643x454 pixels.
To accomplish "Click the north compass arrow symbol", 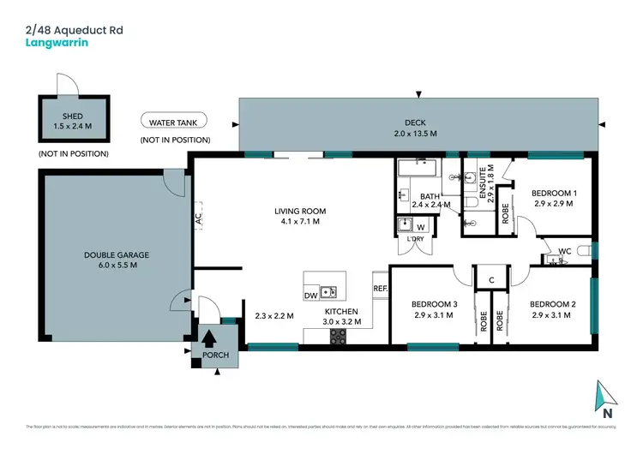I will point(607,395).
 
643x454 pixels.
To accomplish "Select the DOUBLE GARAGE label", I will point(110,254).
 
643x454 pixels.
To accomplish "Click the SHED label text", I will point(73,116).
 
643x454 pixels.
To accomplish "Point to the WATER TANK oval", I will point(175,122).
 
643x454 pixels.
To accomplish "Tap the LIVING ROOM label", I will point(300,211).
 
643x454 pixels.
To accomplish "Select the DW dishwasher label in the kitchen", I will point(311,296).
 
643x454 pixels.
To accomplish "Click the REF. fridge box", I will point(381,289).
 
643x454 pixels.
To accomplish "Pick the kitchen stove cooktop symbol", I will point(338,337).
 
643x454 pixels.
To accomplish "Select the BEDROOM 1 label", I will point(553,194).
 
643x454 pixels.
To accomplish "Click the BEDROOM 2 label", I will point(552,304).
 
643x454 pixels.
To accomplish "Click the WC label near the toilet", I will point(564,251).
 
